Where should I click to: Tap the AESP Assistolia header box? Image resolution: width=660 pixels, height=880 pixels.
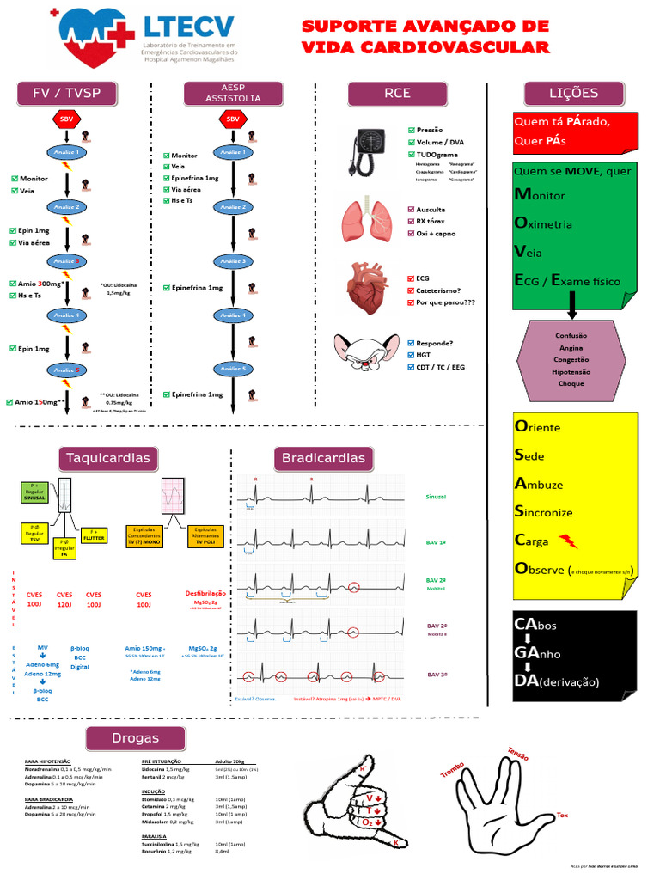pos(233,94)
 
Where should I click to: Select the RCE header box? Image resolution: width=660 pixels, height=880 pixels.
pos(397,94)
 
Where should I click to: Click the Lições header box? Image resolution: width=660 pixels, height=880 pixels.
pos(573,93)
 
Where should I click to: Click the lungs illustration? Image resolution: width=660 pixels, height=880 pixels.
pos(367,221)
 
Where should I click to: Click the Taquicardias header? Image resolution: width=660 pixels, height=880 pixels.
pos(108,458)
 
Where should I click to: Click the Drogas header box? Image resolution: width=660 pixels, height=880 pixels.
pos(135,738)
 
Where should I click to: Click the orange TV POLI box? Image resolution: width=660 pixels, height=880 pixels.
pos(205,536)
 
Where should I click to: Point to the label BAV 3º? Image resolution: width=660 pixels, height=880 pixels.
pos(437,675)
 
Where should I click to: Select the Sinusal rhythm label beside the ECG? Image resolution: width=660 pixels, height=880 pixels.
pos(437,497)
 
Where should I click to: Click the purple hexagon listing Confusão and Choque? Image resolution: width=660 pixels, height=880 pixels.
pos(570,359)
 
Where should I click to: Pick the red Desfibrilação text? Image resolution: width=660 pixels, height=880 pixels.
pos(205,593)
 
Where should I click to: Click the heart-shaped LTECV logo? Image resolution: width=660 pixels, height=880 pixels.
pos(97,40)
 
